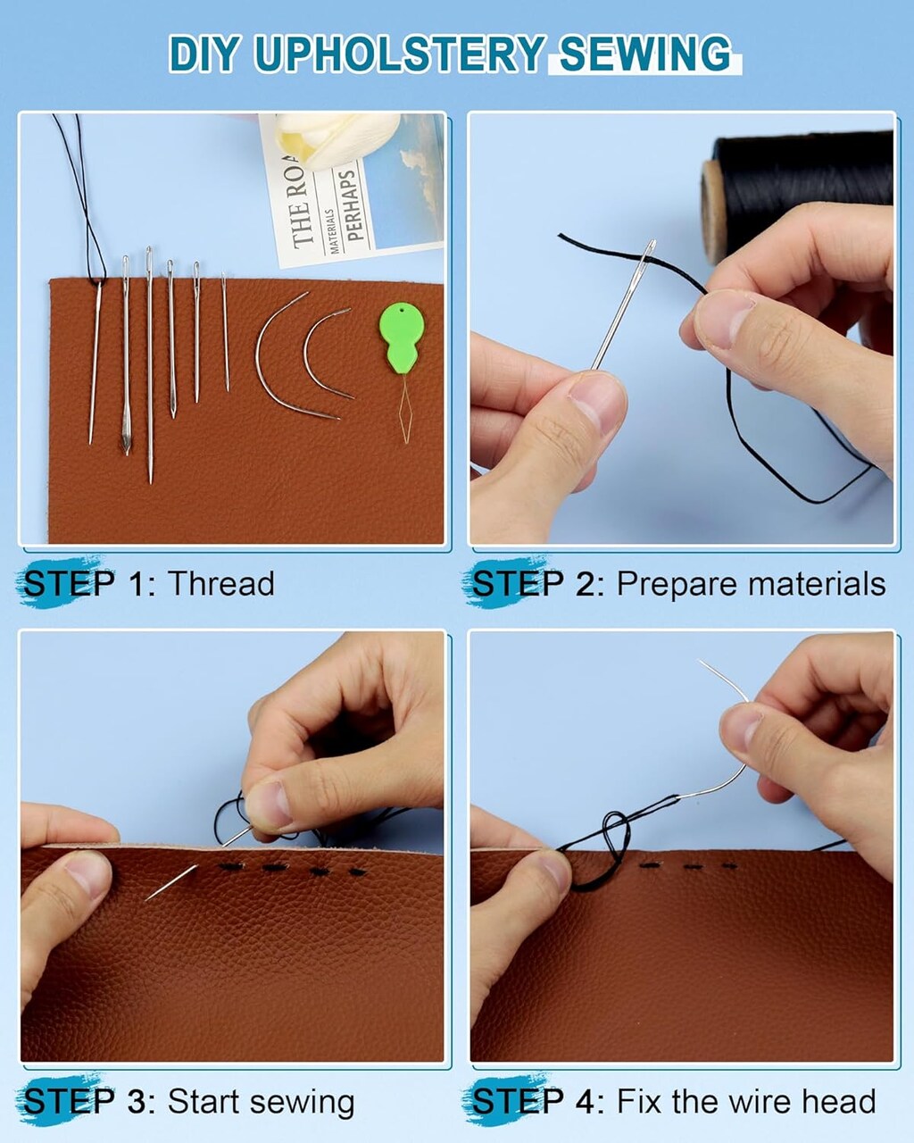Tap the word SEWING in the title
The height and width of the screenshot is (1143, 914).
(644, 54)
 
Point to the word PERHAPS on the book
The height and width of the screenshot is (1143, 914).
(354, 205)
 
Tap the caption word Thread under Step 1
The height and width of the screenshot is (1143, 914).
(220, 584)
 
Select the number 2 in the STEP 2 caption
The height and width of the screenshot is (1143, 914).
(586, 584)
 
